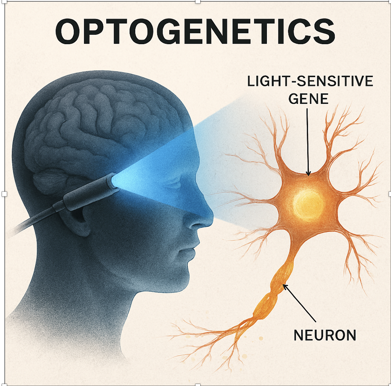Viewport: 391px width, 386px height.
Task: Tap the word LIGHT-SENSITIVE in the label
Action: [310, 81]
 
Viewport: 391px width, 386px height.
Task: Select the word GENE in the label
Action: [309, 99]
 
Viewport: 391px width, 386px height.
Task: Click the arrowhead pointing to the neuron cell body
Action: [308, 173]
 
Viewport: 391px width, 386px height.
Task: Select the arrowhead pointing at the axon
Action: [285, 286]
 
